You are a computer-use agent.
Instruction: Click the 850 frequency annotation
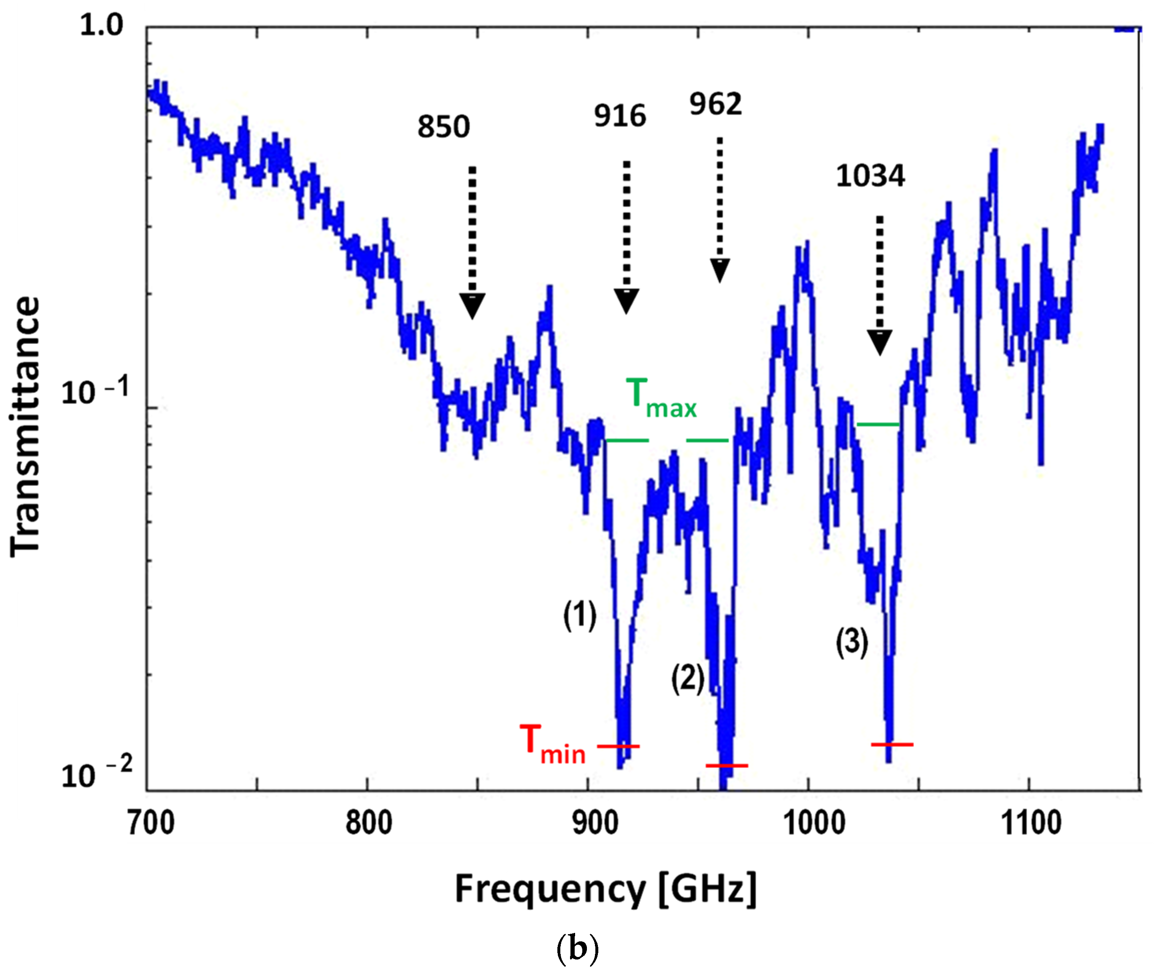coord(443,127)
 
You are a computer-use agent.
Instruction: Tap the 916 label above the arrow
coord(620,116)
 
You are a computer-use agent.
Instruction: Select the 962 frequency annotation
coord(716,104)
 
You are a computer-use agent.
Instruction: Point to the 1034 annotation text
coord(870,176)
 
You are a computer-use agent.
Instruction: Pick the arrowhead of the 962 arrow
coord(720,270)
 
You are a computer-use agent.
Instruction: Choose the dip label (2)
coord(688,678)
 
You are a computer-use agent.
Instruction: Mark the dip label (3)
coord(852,642)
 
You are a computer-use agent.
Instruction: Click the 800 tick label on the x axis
coord(368,824)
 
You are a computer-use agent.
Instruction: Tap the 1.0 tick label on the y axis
coord(102,25)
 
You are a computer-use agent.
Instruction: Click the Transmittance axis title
coord(26,427)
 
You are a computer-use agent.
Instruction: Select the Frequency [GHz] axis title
coord(605,890)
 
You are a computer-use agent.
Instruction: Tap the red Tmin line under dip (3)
coord(892,745)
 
